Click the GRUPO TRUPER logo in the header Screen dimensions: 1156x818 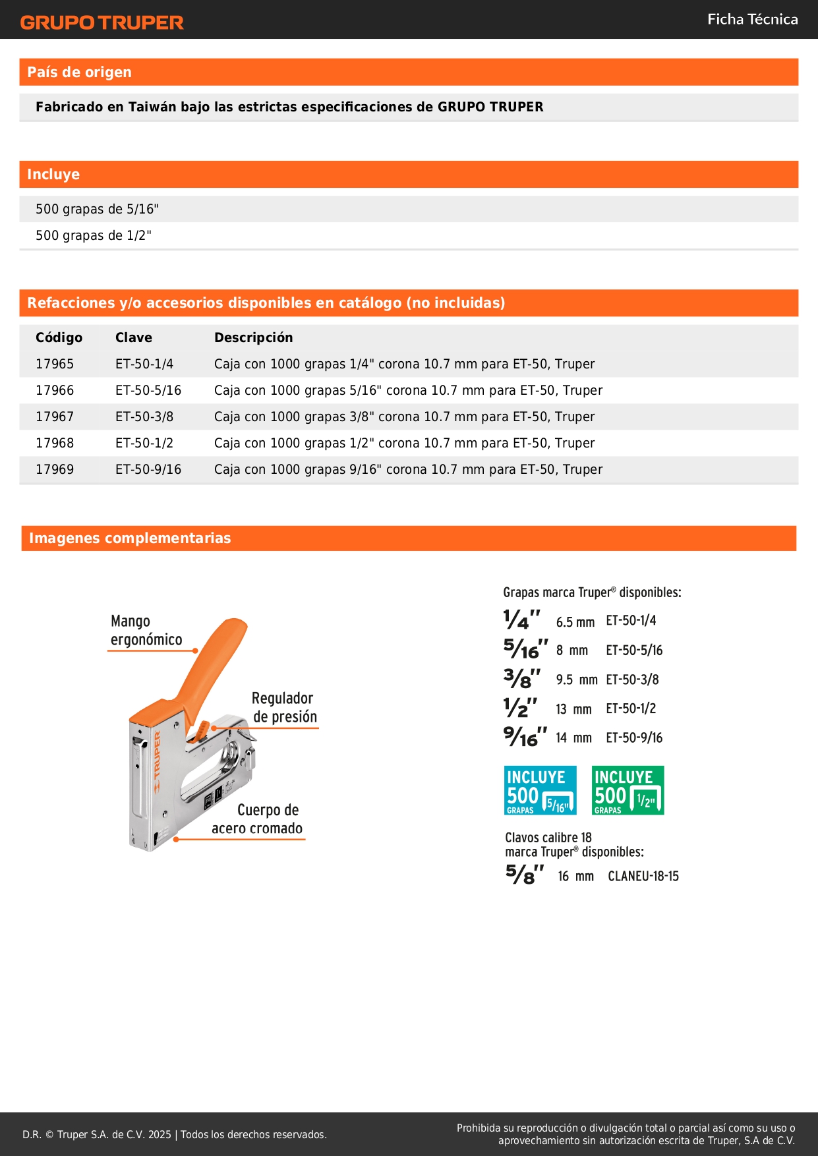tap(102, 22)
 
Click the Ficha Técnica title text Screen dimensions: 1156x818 tap(752, 19)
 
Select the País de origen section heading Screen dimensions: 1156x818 tap(79, 72)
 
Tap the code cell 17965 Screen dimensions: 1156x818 tap(55, 364)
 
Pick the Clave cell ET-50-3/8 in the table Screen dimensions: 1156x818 tap(144, 417)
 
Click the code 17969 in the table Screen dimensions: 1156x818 tap(55, 469)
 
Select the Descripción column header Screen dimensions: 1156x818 tap(253, 337)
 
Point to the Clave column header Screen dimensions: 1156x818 tap(133, 337)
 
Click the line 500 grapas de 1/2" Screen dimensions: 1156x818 tap(93, 235)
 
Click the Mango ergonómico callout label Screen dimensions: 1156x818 tap(146, 631)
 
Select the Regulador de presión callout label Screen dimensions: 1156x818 tap(284, 707)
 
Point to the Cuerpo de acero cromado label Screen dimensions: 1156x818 tap(258, 819)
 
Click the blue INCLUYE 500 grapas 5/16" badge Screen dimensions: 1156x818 tap(540, 790)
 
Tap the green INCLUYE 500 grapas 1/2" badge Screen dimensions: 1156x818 tap(628, 790)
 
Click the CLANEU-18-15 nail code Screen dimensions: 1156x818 tap(643, 876)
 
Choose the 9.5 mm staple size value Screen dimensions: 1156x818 tap(576, 679)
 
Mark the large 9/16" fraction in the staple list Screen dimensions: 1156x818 tap(525, 736)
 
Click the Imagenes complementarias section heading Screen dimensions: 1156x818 tap(130, 538)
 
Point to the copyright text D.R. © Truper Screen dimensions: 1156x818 tap(174, 1134)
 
